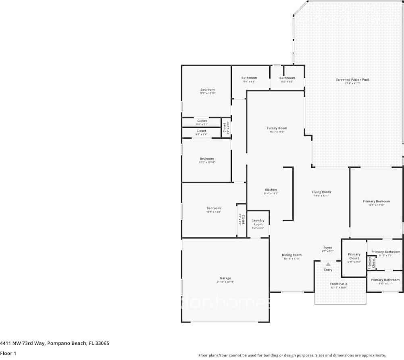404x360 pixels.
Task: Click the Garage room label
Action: [x=225, y=278]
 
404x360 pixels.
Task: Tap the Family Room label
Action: [x=277, y=128]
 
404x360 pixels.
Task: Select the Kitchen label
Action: [x=271, y=190]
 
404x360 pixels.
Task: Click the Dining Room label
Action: [x=292, y=255]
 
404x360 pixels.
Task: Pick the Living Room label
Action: [x=321, y=192]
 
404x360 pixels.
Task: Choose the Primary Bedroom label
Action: [x=376, y=201]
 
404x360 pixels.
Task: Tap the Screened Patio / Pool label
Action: [x=352, y=80]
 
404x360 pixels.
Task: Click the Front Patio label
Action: [x=339, y=284]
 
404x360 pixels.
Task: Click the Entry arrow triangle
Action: [x=328, y=264]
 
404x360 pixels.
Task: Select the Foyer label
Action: [x=328, y=248]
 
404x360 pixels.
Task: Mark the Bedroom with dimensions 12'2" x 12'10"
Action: [x=207, y=89]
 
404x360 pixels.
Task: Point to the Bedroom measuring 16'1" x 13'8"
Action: [x=213, y=208]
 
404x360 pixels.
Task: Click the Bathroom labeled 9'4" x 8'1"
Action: [x=249, y=78]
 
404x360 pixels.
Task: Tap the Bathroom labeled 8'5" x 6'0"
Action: [x=287, y=78]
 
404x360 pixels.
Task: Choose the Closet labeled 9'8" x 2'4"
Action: [x=201, y=131]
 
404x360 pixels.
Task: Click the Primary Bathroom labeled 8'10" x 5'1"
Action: [x=385, y=280]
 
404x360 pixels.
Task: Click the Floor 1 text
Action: [x=8, y=354]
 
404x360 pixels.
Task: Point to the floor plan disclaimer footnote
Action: [x=292, y=355]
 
